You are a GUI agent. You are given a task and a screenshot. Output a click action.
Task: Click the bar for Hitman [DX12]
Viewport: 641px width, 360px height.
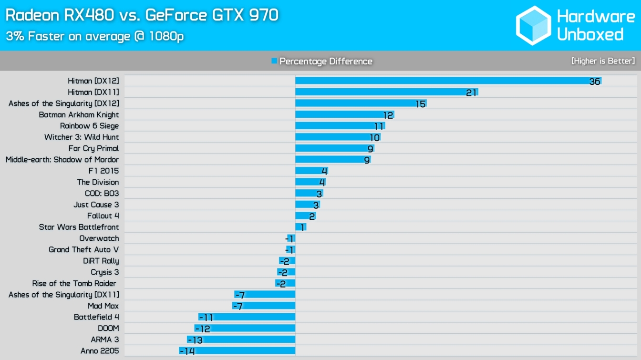pyautogui.click(x=448, y=81)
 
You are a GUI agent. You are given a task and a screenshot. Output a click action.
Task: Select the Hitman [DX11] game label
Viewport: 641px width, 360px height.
pyautogui.click(x=93, y=92)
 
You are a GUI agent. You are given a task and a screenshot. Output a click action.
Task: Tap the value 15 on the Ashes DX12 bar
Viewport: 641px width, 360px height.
pyautogui.click(x=420, y=103)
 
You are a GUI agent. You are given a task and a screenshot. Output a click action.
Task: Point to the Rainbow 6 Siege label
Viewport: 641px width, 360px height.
pyautogui.click(x=89, y=126)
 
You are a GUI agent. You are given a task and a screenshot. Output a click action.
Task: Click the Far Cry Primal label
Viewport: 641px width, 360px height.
pyautogui.click(x=93, y=148)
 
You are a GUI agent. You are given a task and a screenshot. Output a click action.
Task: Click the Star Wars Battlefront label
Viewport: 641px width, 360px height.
pyautogui.click(x=79, y=227)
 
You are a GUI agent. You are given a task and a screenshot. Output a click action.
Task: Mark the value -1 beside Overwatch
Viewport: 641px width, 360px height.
pyautogui.click(x=289, y=238)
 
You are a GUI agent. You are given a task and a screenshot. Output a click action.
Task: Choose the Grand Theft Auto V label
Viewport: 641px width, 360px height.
pyautogui.click(x=83, y=249)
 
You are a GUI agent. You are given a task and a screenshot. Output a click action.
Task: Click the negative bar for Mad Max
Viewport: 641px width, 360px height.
pyautogui.click(x=264, y=306)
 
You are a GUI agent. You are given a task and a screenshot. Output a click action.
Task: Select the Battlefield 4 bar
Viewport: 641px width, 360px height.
pyautogui.click(x=247, y=317)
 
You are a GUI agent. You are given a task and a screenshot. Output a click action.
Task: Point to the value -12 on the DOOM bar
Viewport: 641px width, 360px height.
pyautogui.click(x=202, y=329)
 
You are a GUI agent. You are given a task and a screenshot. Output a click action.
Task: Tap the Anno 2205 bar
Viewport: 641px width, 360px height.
pyautogui.click(x=237, y=351)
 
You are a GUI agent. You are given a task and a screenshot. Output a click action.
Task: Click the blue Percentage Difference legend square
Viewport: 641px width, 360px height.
pyautogui.click(x=274, y=61)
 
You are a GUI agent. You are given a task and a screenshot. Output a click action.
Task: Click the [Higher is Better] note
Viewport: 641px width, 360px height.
pyautogui.click(x=603, y=61)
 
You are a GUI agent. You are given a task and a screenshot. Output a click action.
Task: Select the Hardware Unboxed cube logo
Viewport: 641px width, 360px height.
pyautogui.click(x=533, y=25)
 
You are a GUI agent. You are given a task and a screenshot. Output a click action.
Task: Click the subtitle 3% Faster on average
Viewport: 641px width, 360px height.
pyautogui.click(x=94, y=36)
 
